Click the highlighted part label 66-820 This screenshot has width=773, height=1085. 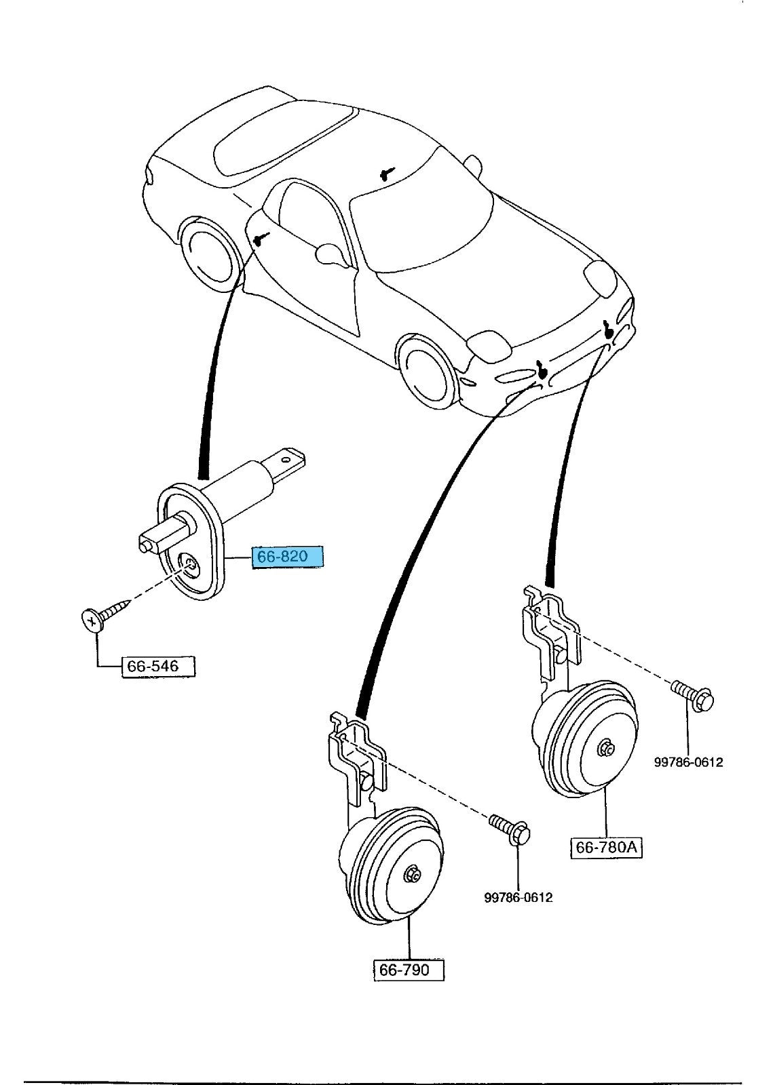coord(288,557)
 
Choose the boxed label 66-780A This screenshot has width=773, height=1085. coord(607,848)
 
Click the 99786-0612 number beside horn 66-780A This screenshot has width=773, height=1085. coord(688,762)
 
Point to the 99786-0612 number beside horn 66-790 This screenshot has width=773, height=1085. coord(518,898)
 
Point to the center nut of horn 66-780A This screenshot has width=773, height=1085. coord(604,749)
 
